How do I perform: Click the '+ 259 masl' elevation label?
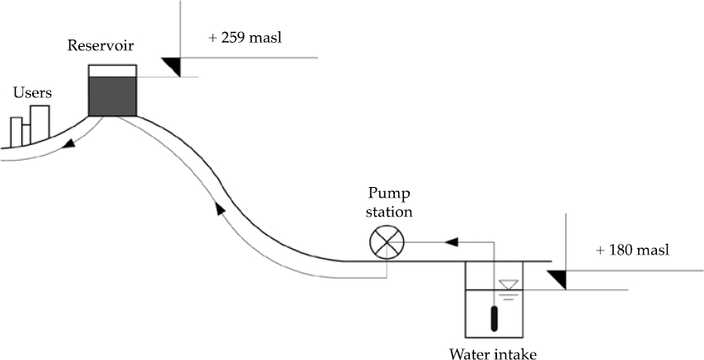pos(245,38)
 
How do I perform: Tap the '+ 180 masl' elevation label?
pos(632,250)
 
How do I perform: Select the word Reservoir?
pos(101,45)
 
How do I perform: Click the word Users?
pos(32,93)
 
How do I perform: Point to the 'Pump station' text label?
pos(389,203)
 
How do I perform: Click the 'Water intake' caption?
pos(493,354)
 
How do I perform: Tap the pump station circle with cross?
pos(387,242)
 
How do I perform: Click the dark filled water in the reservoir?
pos(113,96)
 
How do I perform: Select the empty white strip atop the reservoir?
pos(113,71)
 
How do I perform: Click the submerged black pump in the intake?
pos(494,318)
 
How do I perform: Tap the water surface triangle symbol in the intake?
pos(509,284)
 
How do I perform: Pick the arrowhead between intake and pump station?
pos(451,242)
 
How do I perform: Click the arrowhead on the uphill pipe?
pos(219,208)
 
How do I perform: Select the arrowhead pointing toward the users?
pos(68,144)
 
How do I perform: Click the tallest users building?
pos(40,122)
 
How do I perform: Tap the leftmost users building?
pos(16,132)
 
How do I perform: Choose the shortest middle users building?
pos(26,134)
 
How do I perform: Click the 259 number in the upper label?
pos(232,38)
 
